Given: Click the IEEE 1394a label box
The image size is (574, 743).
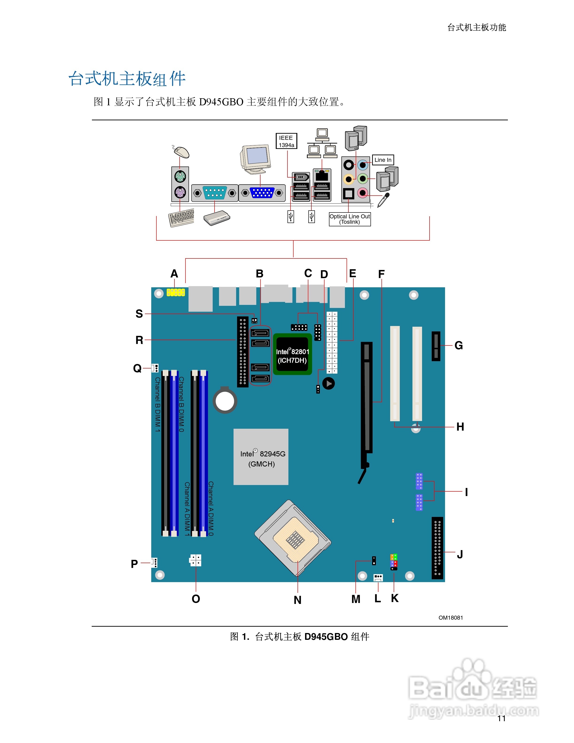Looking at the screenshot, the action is coord(286,141).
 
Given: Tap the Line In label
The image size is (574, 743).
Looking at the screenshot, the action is coord(383,160).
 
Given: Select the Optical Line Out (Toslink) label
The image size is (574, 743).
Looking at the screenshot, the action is coord(350,219).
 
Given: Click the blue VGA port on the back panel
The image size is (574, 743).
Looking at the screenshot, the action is coord(262,193).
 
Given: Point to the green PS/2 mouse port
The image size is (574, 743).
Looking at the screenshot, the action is coord(180,177).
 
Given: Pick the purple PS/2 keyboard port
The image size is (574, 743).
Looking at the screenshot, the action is coord(180,193).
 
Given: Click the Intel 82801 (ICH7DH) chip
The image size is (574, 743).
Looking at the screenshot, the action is coord(292,354).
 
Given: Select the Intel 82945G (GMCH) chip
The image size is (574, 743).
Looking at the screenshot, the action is coord(261,457).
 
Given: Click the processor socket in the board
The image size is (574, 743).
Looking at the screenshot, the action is coord(293,538).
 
